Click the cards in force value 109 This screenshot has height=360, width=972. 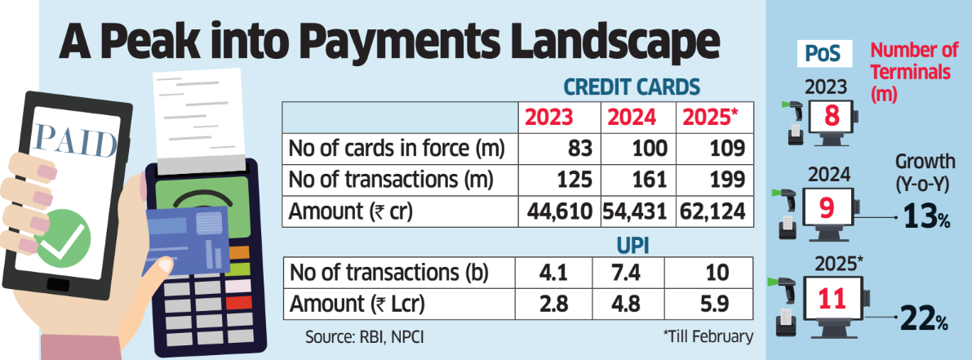pyautogui.click(x=726, y=149)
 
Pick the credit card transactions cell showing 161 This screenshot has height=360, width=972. pyautogui.click(x=639, y=180)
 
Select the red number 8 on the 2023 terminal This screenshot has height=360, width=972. pyautogui.click(x=832, y=116)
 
